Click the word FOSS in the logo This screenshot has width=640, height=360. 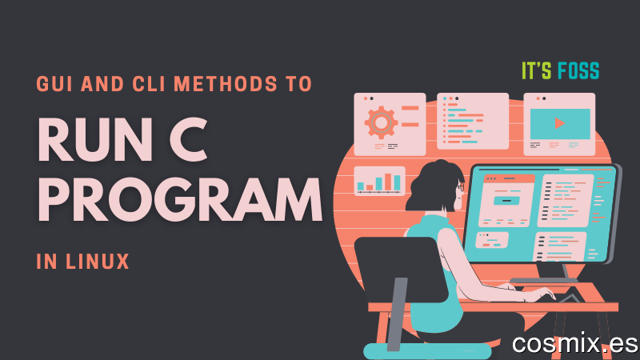[578, 71]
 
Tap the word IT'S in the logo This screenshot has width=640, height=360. [537, 71]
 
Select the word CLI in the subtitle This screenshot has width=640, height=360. [149, 84]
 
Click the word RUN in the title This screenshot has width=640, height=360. [95, 139]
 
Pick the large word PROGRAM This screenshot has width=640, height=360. [180, 200]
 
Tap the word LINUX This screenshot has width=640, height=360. [98, 262]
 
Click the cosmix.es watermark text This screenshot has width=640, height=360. [574, 343]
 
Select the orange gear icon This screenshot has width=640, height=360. [381, 122]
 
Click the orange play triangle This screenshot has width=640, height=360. [559, 123]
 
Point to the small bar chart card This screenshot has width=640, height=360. [379, 181]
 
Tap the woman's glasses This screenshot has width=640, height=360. [461, 187]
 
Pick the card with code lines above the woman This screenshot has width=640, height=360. [473, 122]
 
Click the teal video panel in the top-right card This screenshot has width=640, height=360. [560, 124]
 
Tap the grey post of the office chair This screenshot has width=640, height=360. [397, 314]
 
